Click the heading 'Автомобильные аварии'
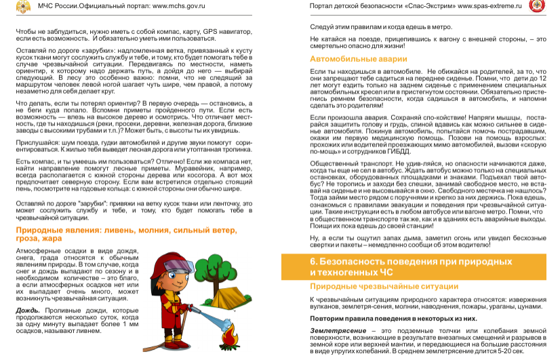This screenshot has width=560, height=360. tap(348, 60)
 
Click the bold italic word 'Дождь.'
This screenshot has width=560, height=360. tap(29, 310)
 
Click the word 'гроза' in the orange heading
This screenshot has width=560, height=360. tap(28, 239)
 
